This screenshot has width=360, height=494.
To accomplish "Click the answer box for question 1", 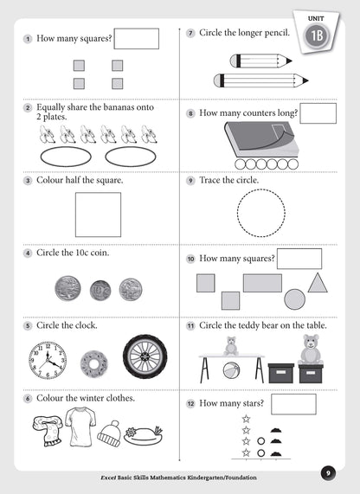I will point(137,39).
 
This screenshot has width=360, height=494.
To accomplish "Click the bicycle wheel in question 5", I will point(143,356).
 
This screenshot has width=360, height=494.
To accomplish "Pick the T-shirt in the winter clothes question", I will point(80,427).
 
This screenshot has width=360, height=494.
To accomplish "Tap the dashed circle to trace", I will point(260,212).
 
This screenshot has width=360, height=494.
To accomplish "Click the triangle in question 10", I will point(318,283).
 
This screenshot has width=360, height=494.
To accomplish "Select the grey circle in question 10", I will point(294,299).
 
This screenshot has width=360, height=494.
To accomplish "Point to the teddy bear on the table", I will point(231,345).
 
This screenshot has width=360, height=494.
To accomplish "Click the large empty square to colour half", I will point(98,214).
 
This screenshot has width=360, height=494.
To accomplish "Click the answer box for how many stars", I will point(292,404).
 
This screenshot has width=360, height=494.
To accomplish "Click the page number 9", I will point(327,472).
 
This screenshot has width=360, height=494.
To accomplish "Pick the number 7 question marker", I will point(190,34).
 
